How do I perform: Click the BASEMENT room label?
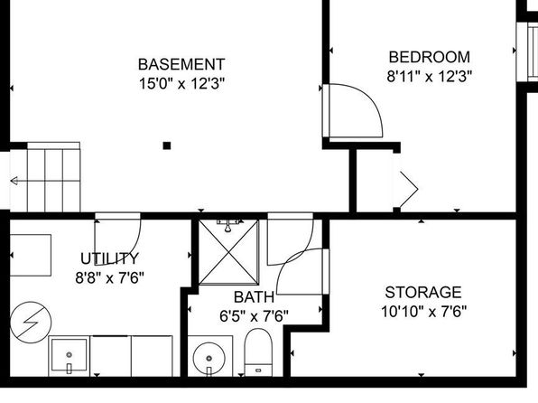tap(181, 64)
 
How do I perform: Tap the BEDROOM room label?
tap(430, 57)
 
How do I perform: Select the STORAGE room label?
tap(423, 293)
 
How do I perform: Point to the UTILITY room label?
tap(110, 258)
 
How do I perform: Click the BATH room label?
tap(254, 297)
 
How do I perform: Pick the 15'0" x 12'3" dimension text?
tap(181, 83)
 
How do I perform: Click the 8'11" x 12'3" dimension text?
tap(430, 76)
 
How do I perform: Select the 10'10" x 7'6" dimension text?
tap(423, 312)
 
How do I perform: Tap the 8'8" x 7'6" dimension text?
tap(110, 277)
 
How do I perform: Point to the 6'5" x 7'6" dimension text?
tap(254, 316)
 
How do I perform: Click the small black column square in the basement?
tap(167, 145)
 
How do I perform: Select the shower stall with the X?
tap(229, 252)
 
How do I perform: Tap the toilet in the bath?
tap(258, 352)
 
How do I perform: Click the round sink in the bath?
tap(209, 359)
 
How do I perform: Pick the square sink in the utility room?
tap(69, 356)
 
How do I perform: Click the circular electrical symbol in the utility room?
tap(31, 323)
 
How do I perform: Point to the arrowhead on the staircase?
tap(14, 181)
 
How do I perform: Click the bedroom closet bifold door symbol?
tap(409, 189)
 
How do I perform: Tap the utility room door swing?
tap(135, 248)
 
